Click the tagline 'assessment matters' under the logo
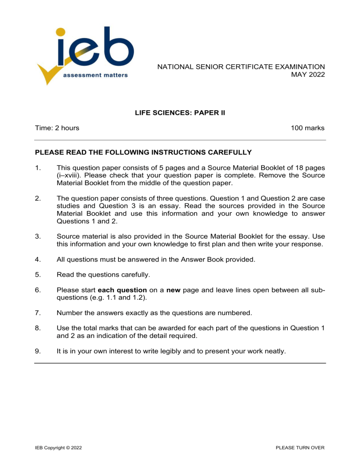pos(96,76)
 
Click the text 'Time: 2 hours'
pos(57,128)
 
